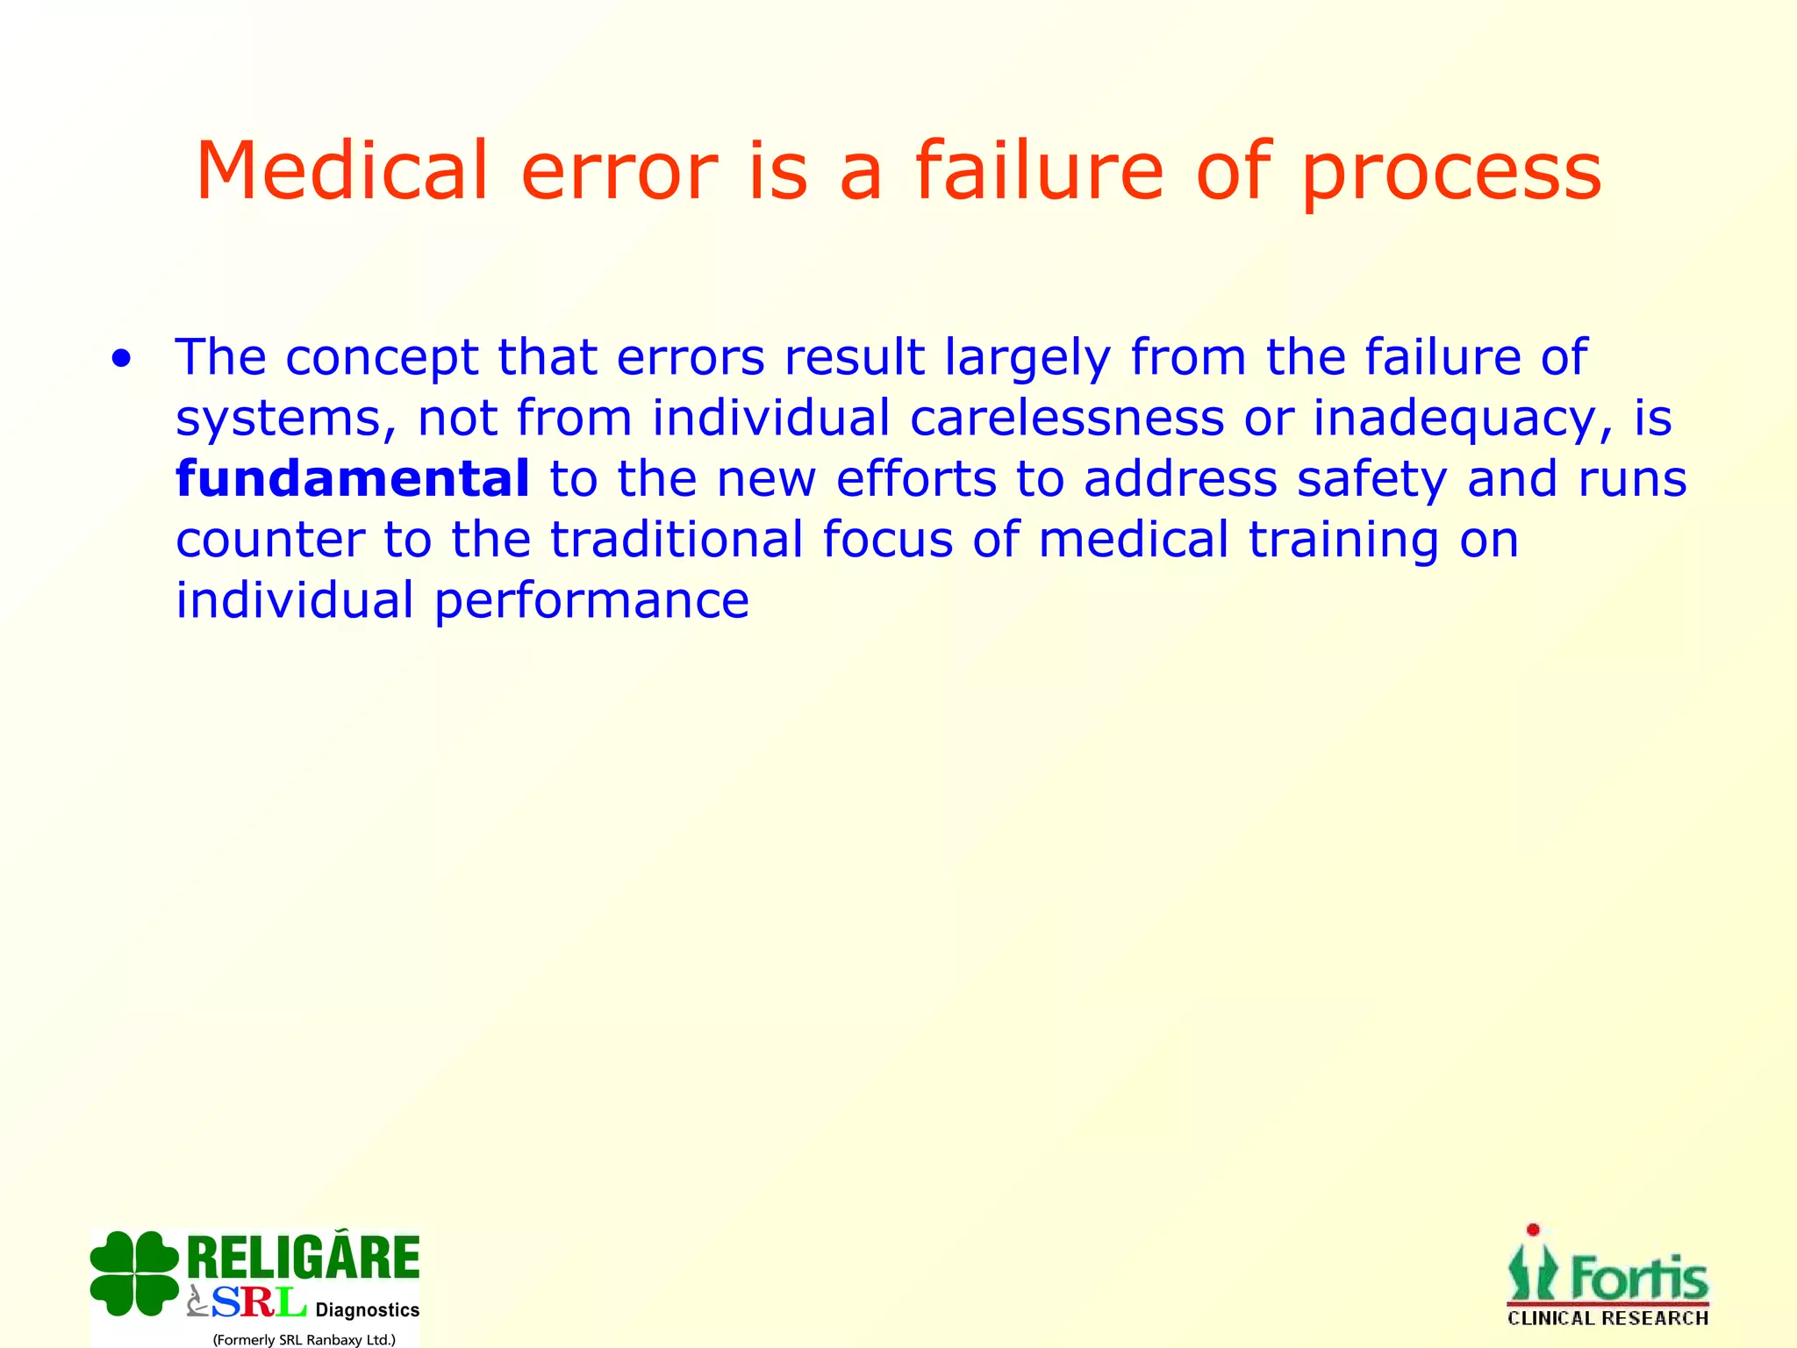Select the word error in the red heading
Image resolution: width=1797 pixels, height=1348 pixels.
[619, 172]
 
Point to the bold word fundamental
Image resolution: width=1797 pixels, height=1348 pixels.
[353, 478]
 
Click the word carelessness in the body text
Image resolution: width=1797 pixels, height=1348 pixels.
[1066, 418]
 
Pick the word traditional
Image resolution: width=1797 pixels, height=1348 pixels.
[677, 539]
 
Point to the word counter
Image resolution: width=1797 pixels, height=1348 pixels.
[270, 541]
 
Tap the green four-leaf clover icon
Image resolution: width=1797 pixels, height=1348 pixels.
[134, 1273]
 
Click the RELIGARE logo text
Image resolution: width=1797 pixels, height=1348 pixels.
[304, 1258]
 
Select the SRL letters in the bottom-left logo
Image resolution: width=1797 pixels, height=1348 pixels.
[258, 1302]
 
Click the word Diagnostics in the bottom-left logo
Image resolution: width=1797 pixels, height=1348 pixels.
[367, 1310]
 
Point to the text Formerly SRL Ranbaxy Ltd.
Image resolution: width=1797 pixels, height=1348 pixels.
[304, 1339]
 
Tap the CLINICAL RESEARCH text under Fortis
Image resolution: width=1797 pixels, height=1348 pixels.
[1607, 1318]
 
